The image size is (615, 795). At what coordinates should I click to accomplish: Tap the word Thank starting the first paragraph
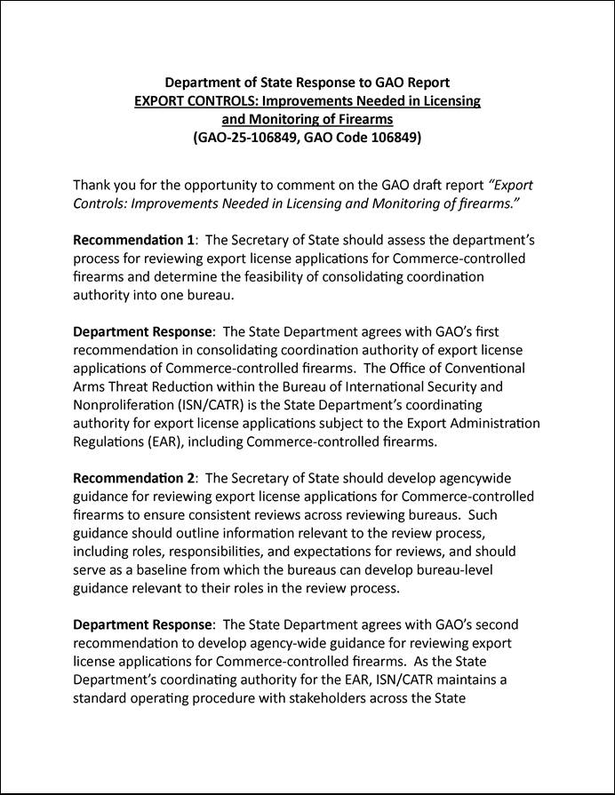click(x=92, y=186)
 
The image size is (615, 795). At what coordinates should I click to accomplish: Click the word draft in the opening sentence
click(x=443, y=186)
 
